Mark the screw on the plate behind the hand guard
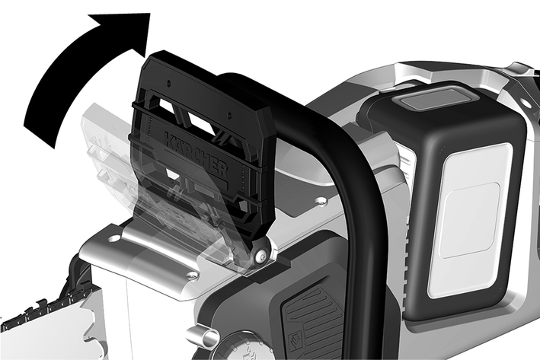pyautogui.click(x=322, y=201)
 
